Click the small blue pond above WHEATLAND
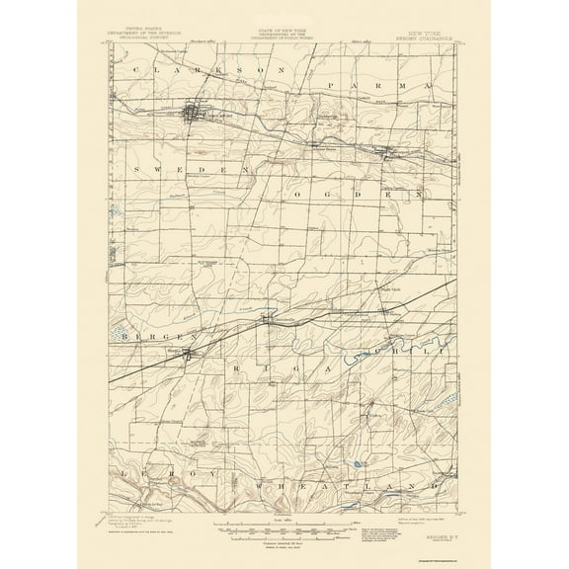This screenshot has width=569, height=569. [354, 462]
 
